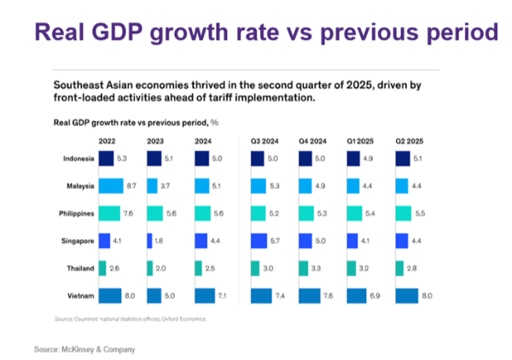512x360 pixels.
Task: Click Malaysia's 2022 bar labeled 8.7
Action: click(111, 184)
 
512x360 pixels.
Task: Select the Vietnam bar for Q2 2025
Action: click(407, 296)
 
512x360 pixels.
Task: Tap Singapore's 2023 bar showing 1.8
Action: click(149, 240)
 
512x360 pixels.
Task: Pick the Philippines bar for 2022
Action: click(109, 212)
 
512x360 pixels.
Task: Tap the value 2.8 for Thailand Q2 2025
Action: click(412, 268)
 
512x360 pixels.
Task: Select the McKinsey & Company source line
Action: click(84, 350)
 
